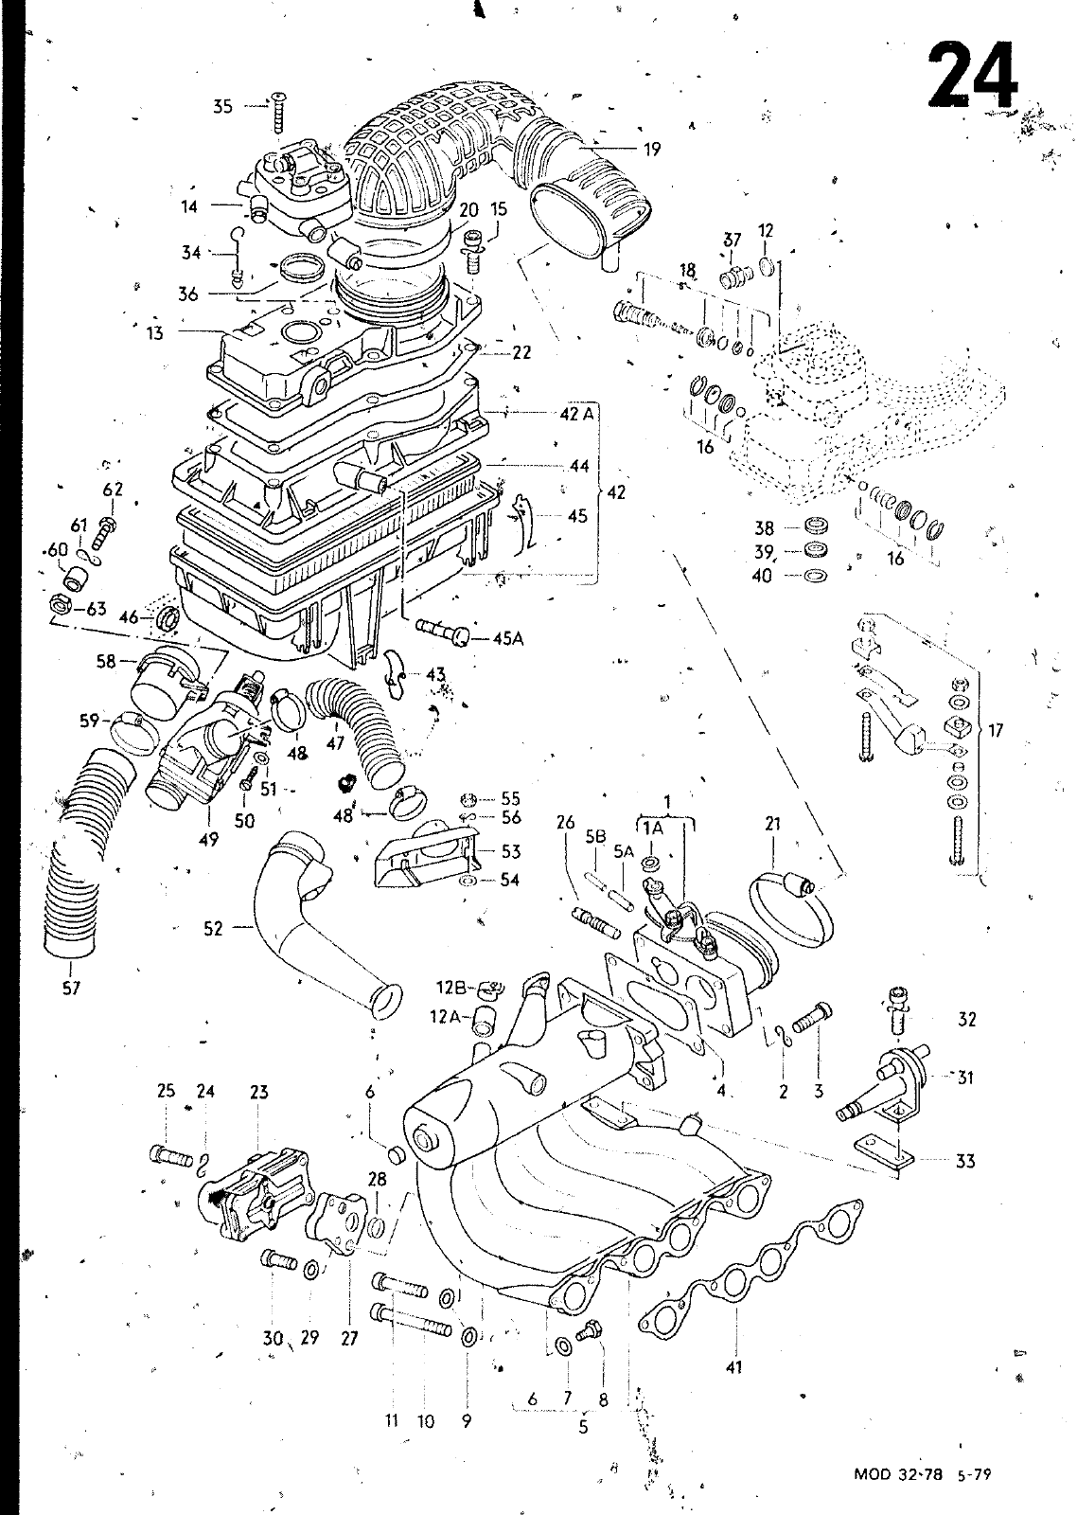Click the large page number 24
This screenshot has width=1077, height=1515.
971,74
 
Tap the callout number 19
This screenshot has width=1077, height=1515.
651,149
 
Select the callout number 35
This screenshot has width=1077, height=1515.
222,106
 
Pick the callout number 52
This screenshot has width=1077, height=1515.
213,929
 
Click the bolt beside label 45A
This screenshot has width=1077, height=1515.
446,632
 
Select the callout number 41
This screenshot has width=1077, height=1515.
734,1366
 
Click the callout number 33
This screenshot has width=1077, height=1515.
964,1161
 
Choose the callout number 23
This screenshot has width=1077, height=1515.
258,1092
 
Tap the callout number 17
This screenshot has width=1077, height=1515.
996,730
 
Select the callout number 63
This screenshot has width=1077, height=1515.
97,609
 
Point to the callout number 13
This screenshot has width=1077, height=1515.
154,331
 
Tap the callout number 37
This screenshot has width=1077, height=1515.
733,241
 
